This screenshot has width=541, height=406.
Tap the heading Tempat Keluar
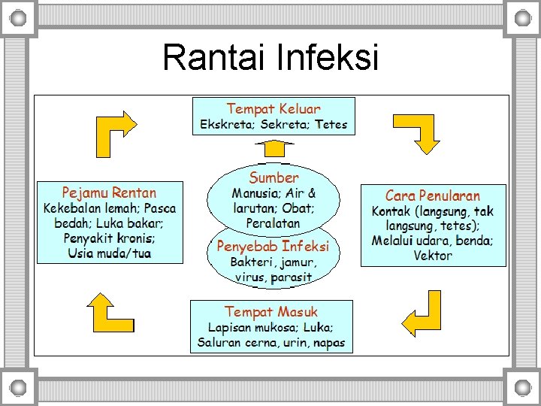pyautogui.click(x=273, y=109)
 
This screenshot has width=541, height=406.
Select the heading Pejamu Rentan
pyautogui.click(x=109, y=192)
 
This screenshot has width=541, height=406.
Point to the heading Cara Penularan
pyautogui.click(x=433, y=195)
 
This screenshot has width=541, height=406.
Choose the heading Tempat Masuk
pyautogui.click(x=271, y=311)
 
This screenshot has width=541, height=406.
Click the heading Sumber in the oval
pyautogui.click(x=274, y=177)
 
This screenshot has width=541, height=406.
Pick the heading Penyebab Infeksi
pyautogui.click(x=273, y=246)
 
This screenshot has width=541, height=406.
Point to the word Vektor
pyautogui.click(x=433, y=256)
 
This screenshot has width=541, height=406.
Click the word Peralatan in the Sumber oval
pyautogui.click(x=273, y=223)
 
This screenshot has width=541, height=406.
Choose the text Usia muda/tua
pyautogui.click(x=109, y=253)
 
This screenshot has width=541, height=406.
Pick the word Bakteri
pyautogui.click(x=252, y=262)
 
